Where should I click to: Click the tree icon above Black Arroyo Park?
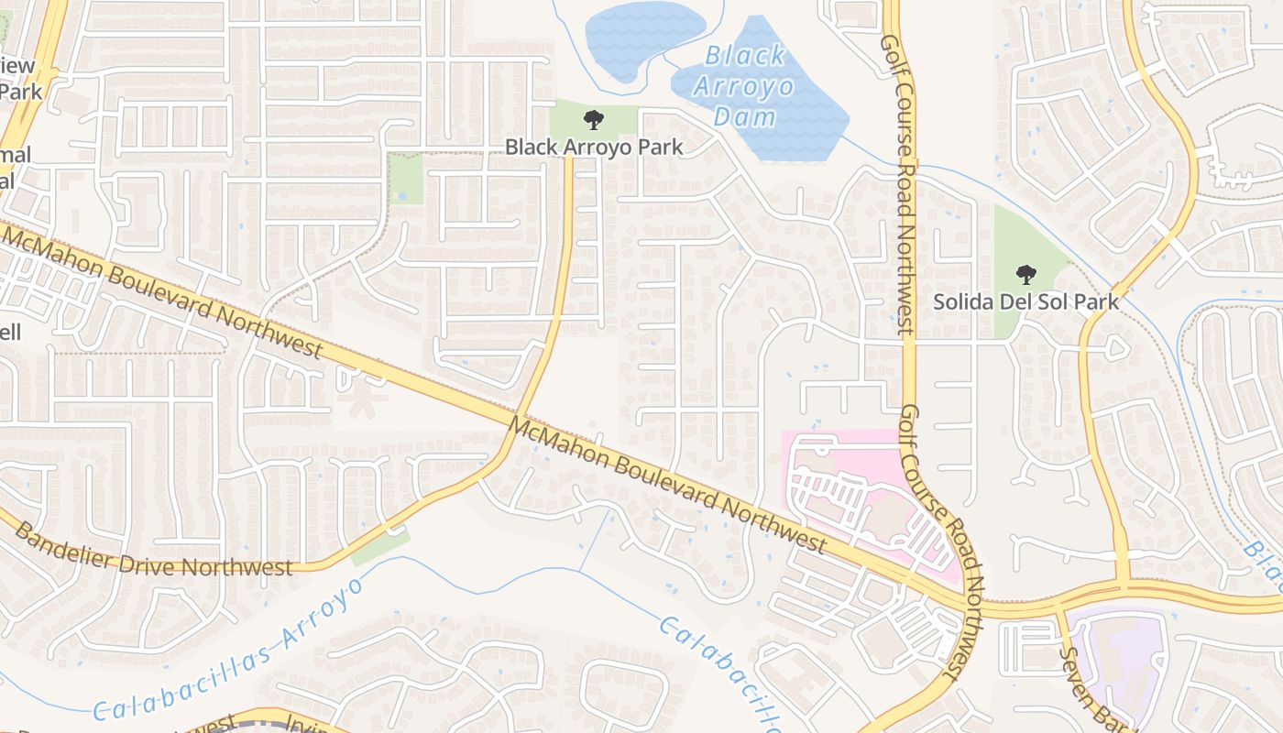point(594,119)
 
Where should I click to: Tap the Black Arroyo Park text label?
point(594,147)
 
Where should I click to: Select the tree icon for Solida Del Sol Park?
point(1026,274)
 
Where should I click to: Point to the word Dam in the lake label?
point(744,116)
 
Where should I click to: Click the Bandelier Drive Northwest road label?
point(154,550)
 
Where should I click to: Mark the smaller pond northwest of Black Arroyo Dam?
point(641,37)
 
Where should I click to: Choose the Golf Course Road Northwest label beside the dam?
point(897,183)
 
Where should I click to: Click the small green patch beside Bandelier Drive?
point(379,547)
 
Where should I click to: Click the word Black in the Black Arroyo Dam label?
point(744,57)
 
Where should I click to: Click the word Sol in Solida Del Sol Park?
point(1057,301)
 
